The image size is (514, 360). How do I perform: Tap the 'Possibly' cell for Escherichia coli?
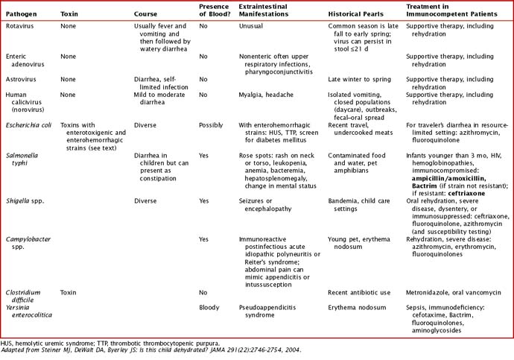pyautogui.click(x=211, y=124)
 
